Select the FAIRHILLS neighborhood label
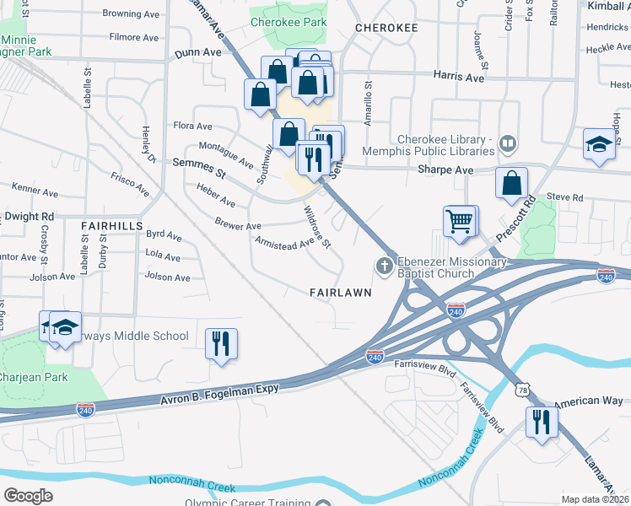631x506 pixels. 111,226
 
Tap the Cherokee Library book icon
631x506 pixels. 508,143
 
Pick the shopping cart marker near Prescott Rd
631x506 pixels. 461,222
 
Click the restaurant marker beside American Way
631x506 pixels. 541,421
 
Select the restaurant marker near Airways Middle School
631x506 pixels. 221,343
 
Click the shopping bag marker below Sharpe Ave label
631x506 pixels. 511,183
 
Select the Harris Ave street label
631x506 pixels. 458,77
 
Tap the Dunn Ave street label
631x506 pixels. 197,52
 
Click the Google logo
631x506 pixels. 28,496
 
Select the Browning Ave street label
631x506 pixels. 132,14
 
